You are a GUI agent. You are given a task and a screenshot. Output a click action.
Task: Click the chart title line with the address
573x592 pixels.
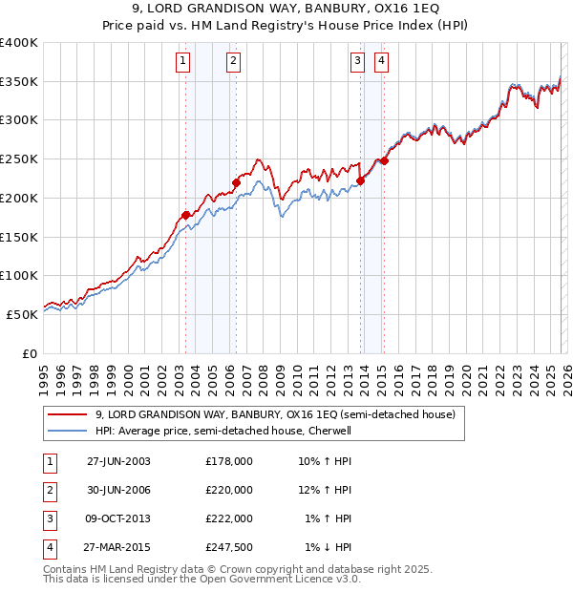click(x=286, y=9)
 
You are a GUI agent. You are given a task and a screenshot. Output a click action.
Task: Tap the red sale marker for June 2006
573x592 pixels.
click(x=236, y=181)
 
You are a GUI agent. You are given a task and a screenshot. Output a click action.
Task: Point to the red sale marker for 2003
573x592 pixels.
click(x=185, y=215)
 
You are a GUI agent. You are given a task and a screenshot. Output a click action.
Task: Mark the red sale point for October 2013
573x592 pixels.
click(x=361, y=180)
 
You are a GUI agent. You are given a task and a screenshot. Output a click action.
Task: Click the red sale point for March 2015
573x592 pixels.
click(x=385, y=160)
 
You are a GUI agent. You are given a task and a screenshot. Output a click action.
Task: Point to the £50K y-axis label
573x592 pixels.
click(x=21, y=314)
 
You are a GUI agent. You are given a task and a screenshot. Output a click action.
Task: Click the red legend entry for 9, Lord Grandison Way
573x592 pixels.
click(x=276, y=414)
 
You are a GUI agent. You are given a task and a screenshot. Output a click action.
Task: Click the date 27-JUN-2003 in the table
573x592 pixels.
click(x=118, y=461)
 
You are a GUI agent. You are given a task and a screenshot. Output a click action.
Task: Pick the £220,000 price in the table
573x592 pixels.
click(x=228, y=490)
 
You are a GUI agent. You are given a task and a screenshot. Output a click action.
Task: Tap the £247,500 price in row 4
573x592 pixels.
click(x=228, y=547)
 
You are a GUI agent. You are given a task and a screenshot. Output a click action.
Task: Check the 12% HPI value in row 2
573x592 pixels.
click(x=326, y=490)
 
